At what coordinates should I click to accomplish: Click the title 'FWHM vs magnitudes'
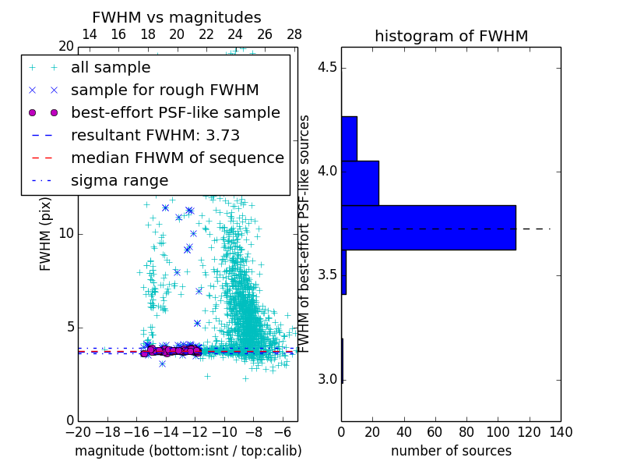click(x=177, y=18)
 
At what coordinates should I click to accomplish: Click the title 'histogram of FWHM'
click(x=451, y=37)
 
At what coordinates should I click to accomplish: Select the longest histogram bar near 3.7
click(x=428, y=227)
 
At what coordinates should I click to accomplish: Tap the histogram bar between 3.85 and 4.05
click(x=360, y=183)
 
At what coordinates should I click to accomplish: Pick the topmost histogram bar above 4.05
click(x=349, y=139)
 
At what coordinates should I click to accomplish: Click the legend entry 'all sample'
click(x=111, y=68)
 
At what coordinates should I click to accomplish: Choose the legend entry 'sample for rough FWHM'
click(x=164, y=90)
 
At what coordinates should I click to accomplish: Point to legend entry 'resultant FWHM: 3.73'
click(x=155, y=135)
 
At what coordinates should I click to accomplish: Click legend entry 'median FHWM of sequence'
click(x=177, y=158)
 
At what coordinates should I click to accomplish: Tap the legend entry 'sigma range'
click(x=119, y=180)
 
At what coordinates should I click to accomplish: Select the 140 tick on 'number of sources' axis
click(x=561, y=431)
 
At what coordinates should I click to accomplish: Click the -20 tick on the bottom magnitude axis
click(x=78, y=431)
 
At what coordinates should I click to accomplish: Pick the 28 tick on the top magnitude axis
click(x=294, y=35)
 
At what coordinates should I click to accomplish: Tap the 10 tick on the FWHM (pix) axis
click(x=66, y=234)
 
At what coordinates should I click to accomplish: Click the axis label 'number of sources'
click(x=451, y=451)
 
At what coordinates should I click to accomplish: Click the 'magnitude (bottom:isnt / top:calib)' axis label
click(x=188, y=451)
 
